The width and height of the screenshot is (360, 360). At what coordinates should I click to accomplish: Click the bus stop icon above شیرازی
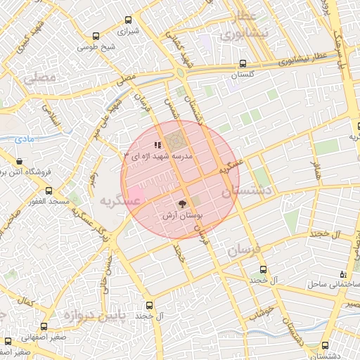click(127, 20)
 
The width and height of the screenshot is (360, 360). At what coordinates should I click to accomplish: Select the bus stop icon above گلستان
click(243, 63)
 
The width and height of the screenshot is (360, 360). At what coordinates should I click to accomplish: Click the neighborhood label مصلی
click(39, 79)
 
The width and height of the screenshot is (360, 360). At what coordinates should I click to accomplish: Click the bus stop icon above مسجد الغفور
click(48, 191)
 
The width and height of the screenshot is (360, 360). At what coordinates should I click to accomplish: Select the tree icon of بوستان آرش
click(183, 203)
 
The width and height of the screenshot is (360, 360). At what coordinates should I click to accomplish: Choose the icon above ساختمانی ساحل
click(342, 274)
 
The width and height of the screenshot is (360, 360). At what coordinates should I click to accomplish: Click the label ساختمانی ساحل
click(333, 285)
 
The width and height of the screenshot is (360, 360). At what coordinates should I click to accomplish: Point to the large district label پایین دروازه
click(92, 316)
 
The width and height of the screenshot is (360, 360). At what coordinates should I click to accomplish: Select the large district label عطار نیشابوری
click(240, 26)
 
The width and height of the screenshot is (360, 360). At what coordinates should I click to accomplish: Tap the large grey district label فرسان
click(244, 250)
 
